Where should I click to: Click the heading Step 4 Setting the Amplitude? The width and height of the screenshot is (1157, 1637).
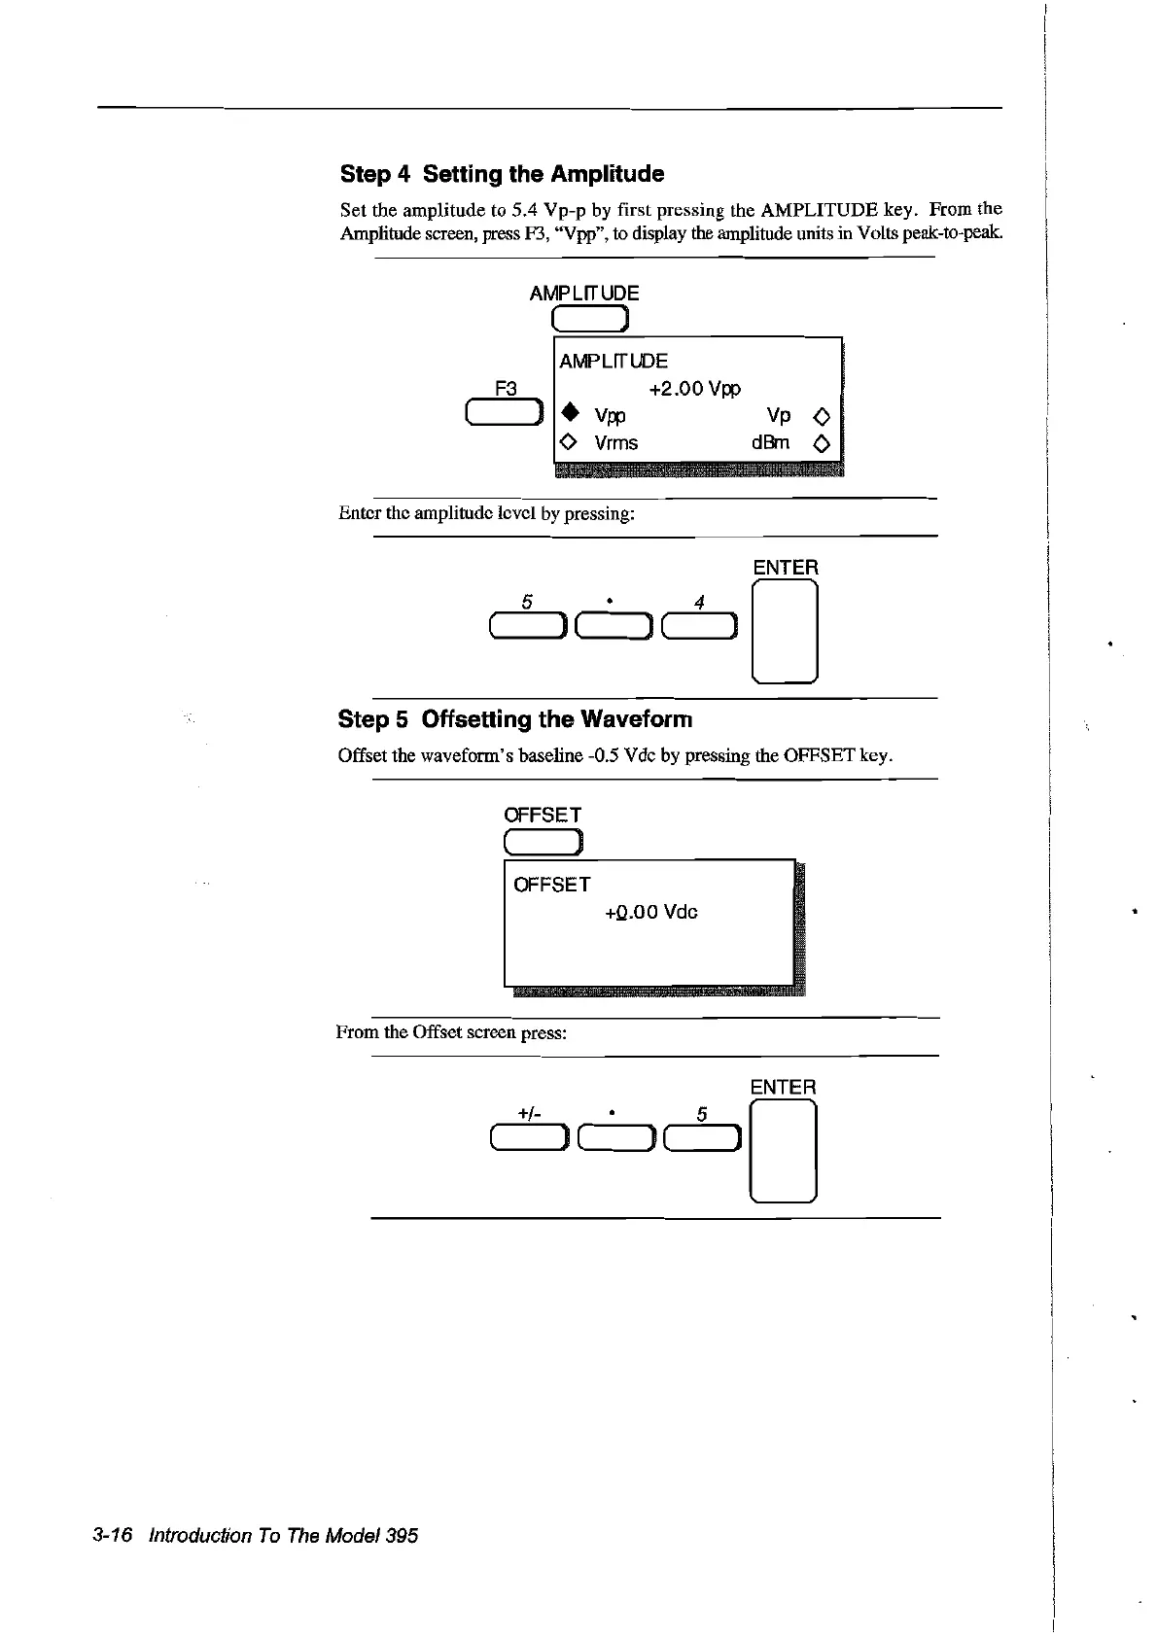pos(502,174)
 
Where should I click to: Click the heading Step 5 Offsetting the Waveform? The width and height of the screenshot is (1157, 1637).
pos(514,719)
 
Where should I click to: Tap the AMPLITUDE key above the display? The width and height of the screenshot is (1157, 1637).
pos(591,318)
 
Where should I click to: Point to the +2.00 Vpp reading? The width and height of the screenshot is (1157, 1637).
pos(694,389)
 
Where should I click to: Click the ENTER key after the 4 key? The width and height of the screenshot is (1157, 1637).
pos(785,632)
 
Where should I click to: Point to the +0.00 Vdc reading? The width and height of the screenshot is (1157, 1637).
pos(650,913)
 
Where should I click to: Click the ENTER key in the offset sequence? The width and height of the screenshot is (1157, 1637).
pos(783,1152)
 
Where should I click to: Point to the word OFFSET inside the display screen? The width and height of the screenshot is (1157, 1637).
pos(551,885)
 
